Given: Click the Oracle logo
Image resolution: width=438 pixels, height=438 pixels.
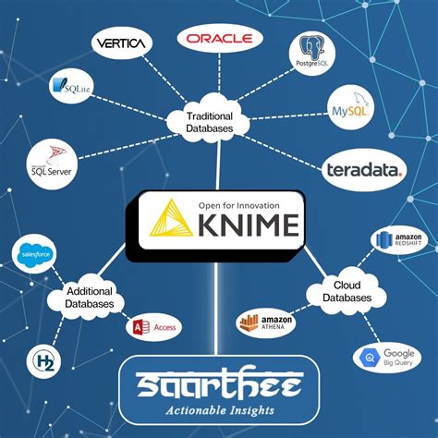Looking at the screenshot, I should point(220,38).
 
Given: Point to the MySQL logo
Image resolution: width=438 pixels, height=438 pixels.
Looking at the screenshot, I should point(350,109).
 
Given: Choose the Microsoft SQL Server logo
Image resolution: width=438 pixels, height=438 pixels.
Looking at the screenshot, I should point(52,162).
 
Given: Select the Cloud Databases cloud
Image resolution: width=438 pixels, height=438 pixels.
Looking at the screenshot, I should point(347,292).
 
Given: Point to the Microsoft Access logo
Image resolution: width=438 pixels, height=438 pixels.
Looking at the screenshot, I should point(153,326).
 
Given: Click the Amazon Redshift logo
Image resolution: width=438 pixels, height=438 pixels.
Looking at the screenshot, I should point(398,241).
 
